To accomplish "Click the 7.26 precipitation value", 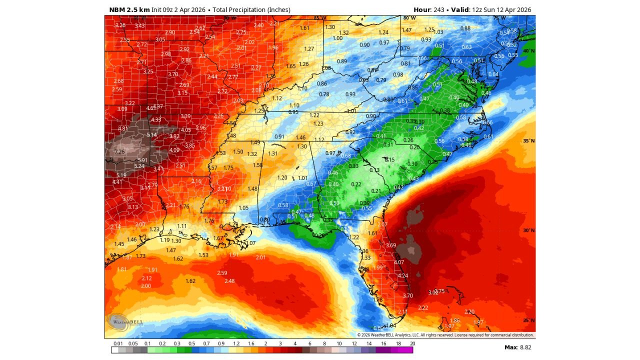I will [119, 151].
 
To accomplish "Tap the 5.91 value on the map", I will [143, 160].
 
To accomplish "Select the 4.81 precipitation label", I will [123, 128].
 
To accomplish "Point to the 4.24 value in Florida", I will [403, 275].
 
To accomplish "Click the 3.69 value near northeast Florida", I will [391, 245].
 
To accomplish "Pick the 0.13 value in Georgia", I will [374, 170].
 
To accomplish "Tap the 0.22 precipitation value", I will [356, 184].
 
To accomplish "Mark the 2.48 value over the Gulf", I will [229, 281].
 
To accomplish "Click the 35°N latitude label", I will [528, 141].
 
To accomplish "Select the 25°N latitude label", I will [528, 320].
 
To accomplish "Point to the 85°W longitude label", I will [320, 18].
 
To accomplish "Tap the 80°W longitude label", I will [409, 18].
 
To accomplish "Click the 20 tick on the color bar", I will [412, 343].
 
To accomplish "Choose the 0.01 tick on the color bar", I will [118, 343].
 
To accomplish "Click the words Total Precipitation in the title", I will [238, 10].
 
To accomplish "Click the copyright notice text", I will [445, 335].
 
